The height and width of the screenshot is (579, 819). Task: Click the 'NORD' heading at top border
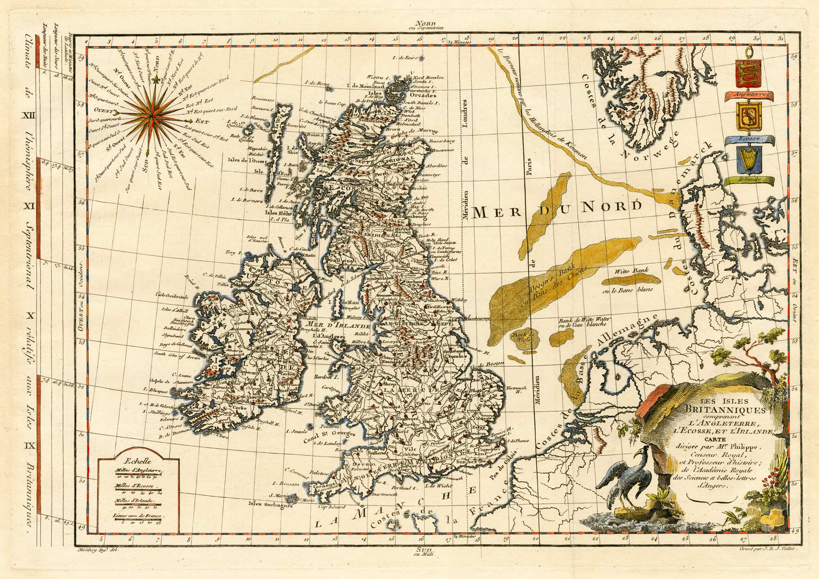click(x=423, y=24)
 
